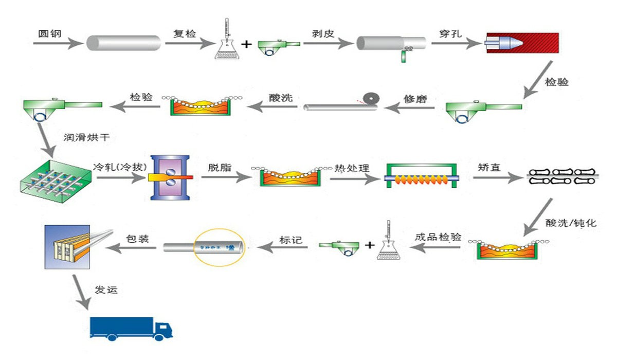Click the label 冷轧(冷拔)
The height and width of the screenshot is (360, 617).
coord(116,167)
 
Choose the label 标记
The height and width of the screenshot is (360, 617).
coord(291,239)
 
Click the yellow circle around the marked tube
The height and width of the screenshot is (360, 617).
coord(219,247)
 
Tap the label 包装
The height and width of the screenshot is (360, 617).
coord(137,239)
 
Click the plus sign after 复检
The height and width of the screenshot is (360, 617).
coord(246,44)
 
